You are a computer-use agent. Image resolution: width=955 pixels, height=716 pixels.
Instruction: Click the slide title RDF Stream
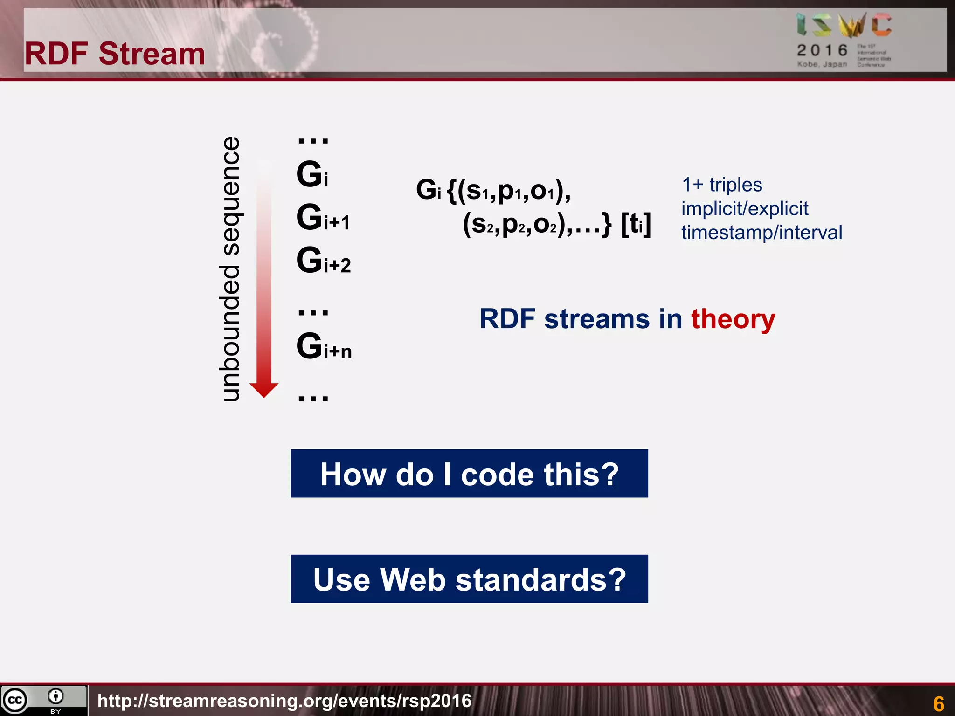(115, 54)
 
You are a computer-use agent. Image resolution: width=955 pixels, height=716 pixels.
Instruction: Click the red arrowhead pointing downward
(264, 390)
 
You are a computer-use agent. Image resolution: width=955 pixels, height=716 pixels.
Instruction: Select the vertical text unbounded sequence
(229, 269)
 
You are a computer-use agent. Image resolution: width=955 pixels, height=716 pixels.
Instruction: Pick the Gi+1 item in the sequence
(323, 218)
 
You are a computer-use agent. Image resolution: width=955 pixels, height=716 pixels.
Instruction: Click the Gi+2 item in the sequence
(324, 261)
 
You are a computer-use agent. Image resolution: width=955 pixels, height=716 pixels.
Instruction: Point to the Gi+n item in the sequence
(324, 347)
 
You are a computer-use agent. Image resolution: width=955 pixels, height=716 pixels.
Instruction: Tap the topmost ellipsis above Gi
(313, 140)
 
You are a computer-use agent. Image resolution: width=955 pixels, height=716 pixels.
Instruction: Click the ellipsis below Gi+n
(313, 398)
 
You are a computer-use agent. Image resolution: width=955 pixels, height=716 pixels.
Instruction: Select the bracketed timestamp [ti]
(636, 224)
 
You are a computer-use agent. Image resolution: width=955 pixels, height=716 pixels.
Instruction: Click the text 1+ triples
(722, 185)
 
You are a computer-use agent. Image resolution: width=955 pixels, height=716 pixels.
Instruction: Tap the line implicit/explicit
(745, 208)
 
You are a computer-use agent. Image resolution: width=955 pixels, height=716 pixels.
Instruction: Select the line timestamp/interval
(761, 232)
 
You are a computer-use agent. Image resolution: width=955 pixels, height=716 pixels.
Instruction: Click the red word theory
(733, 319)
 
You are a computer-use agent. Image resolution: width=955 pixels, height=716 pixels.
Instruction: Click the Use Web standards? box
(469, 579)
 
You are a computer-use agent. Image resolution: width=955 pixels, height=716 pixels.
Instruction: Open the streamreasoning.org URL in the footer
(284, 701)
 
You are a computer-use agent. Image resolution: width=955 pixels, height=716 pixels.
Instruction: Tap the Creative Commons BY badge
(43, 700)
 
